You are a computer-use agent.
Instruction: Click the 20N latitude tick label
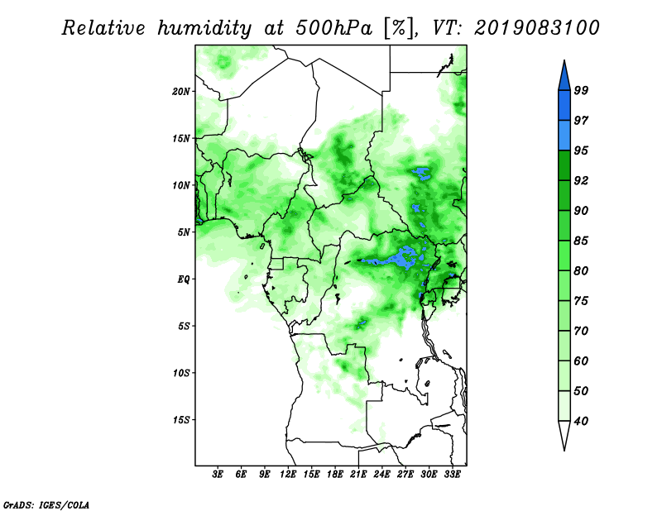pyautogui.click(x=181, y=91)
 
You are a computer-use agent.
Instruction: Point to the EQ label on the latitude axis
pyautogui.click(x=183, y=279)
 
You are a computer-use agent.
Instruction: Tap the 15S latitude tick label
pyautogui.click(x=181, y=420)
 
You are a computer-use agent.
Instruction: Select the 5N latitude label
pyautogui.click(x=184, y=232)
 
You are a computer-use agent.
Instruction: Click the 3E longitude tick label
pyautogui.click(x=218, y=475)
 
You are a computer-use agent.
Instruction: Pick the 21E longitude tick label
pyautogui.click(x=358, y=475)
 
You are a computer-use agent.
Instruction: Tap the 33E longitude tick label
pyautogui.click(x=452, y=475)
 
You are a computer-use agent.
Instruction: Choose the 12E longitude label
pyautogui.click(x=288, y=475)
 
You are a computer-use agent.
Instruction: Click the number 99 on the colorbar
pyautogui.click(x=581, y=90)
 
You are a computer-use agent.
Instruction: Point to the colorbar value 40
pyautogui.click(x=581, y=421)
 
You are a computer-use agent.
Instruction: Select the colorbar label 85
pyautogui.click(x=581, y=241)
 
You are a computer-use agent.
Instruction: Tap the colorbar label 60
pyautogui.click(x=581, y=361)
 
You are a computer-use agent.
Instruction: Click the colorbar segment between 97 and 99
pyautogui.click(x=564, y=106)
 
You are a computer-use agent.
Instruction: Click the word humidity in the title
pyautogui.click(x=204, y=28)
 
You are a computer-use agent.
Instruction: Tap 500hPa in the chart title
pyautogui.click(x=334, y=28)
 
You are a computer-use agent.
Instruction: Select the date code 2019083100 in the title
pyautogui.click(x=536, y=28)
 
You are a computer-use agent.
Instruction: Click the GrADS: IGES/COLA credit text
pyautogui.click(x=46, y=504)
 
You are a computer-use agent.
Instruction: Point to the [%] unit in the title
pyautogui.click(x=399, y=28)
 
